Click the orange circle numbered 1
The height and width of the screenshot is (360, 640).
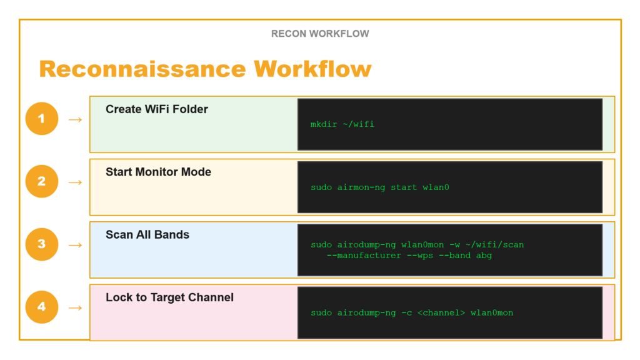(x=42, y=119)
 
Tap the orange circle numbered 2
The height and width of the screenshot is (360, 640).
(x=42, y=181)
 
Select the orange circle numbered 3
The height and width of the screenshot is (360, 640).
(x=42, y=244)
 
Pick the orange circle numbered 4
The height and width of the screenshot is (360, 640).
(x=42, y=307)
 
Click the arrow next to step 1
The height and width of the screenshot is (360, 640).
(x=75, y=119)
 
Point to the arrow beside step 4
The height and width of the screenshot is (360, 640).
(x=75, y=307)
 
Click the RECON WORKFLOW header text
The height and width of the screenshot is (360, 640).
(x=320, y=34)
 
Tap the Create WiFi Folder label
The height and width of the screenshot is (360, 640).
(x=157, y=109)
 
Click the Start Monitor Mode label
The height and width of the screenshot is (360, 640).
(x=158, y=172)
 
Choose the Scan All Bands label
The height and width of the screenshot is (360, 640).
(x=147, y=235)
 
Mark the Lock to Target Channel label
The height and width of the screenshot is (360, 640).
(x=169, y=297)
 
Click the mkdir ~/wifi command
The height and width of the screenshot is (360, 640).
(x=342, y=124)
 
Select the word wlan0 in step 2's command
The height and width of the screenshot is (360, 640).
(x=436, y=187)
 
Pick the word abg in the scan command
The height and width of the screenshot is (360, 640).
(x=484, y=256)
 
